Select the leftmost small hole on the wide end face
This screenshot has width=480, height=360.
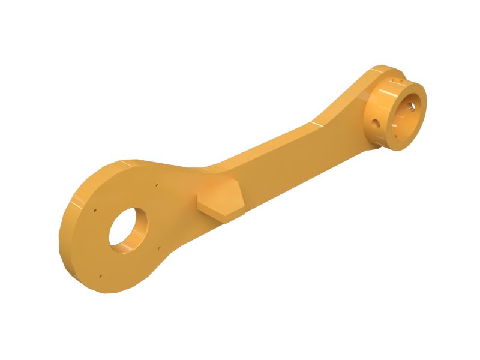click(x=96, y=211)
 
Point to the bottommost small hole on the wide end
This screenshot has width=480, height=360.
click(x=100, y=277)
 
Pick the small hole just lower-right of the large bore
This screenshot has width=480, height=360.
click(x=158, y=251)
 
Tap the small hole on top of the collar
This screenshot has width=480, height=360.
click(x=395, y=77)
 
